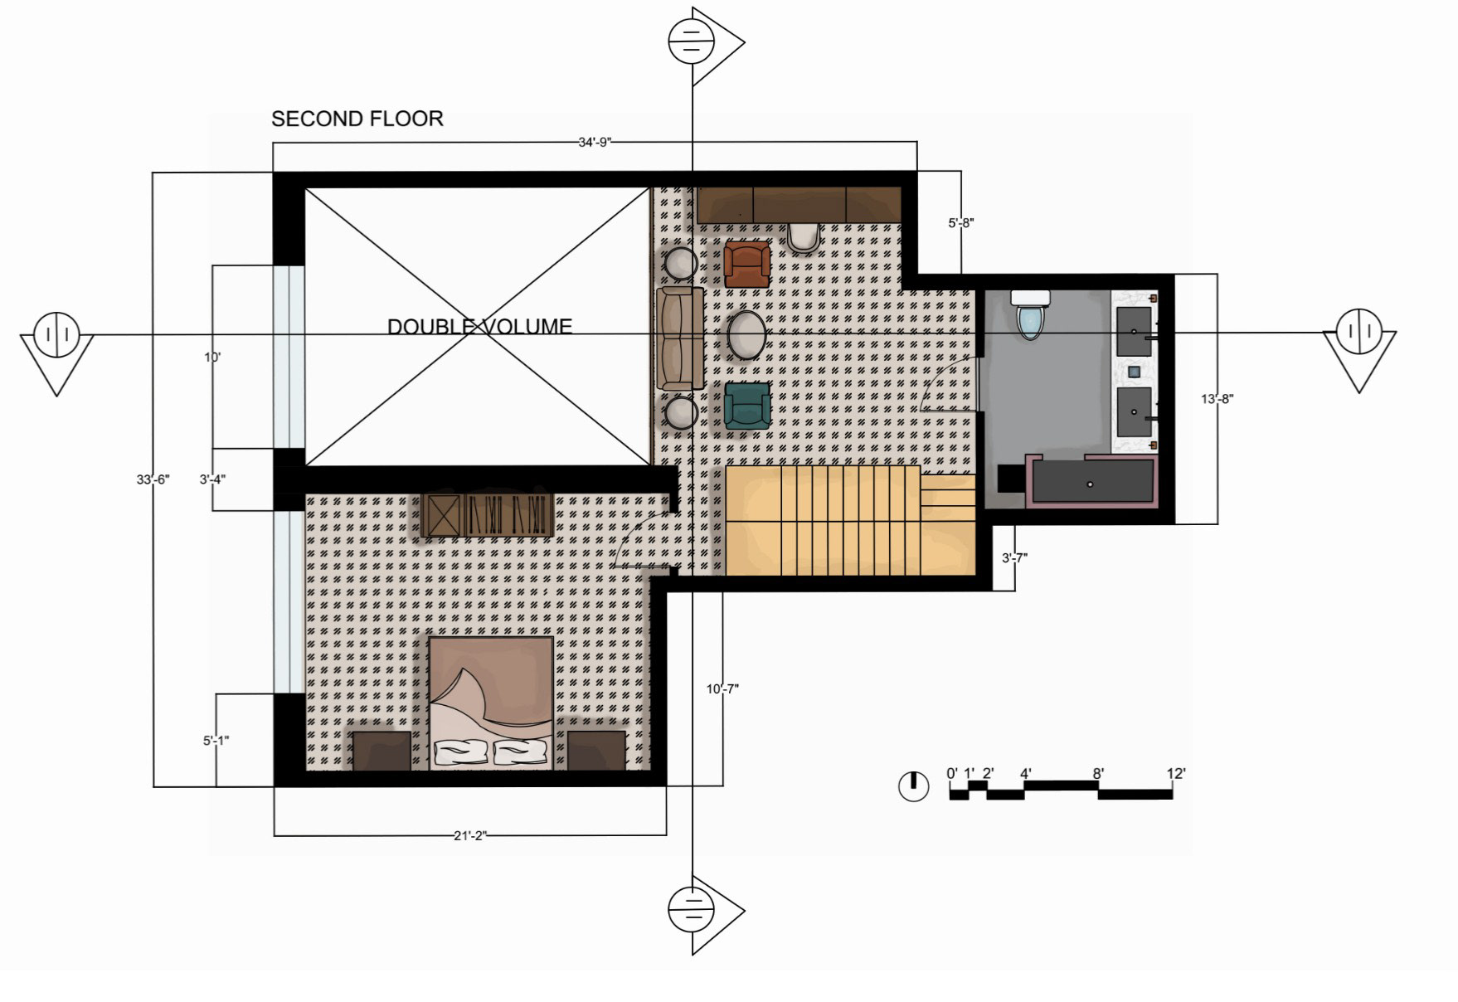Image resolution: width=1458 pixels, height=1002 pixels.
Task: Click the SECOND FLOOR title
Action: [x=357, y=119]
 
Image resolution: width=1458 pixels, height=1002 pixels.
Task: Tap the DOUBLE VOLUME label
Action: [x=479, y=326]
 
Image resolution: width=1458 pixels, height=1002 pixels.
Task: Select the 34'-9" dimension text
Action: [x=595, y=142]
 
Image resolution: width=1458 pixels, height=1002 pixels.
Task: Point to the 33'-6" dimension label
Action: [x=153, y=479]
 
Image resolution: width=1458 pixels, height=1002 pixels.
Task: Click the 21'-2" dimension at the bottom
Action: [x=470, y=835]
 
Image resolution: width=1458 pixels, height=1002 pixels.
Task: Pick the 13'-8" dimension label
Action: [x=1217, y=399]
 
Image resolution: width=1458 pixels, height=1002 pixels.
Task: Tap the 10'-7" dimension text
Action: [x=722, y=688]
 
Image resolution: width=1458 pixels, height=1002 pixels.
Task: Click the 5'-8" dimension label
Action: [x=961, y=222]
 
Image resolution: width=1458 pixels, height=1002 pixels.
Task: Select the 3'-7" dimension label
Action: [x=1014, y=558]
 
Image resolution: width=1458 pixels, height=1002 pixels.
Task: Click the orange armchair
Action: [x=746, y=264]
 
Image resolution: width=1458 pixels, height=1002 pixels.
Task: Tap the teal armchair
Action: [x=747, y=406]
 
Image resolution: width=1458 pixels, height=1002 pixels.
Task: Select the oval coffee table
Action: [x=747, y=335]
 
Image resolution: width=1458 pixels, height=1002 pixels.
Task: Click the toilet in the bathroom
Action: [x=1030, y=314]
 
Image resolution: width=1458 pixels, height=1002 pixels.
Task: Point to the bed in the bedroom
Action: [x=491, y=703]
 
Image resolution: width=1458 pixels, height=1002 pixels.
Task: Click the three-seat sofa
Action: [x=680, y=338]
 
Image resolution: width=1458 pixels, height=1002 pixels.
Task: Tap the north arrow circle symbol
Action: [x=914, y=786]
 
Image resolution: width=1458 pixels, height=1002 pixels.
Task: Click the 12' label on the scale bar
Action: [x=1176, y=774]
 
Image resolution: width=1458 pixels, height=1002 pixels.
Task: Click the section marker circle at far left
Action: [x=57, y=334]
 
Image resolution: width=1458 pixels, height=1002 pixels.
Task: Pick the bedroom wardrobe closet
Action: [x=488, y=515]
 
